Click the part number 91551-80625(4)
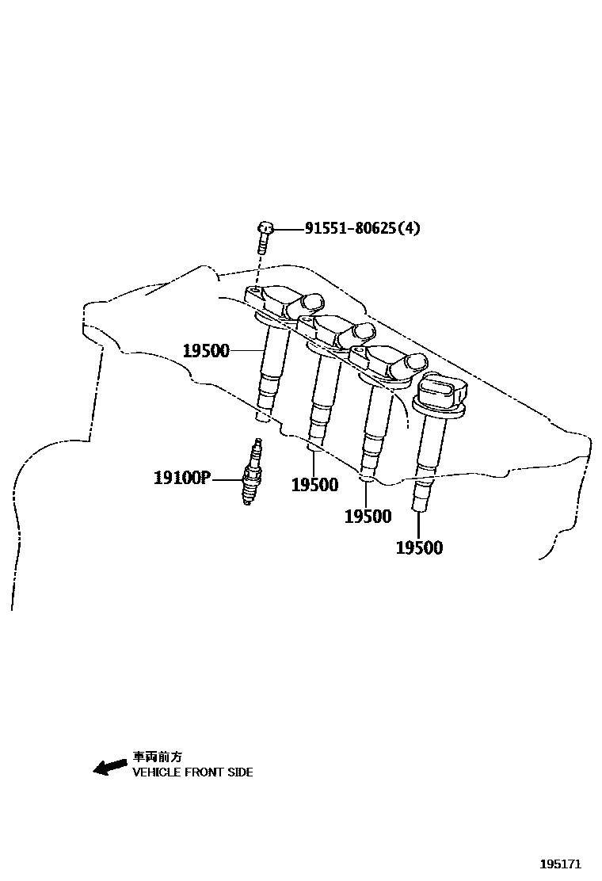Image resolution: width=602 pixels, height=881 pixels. click(x=363, y=229)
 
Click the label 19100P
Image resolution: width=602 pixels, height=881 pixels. click(x=181, y=478)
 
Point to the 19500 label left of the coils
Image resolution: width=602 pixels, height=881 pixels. click(x=205, y=350)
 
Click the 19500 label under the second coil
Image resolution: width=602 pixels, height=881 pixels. click(x=314, y=485)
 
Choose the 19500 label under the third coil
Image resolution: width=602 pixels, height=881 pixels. click(x=368, y=517)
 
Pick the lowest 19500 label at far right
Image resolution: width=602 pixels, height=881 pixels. click(x=419, y=547)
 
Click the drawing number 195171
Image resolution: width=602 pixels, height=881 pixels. click(x=561, y=863)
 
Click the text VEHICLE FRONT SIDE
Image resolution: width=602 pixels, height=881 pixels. click(x=192, y=772)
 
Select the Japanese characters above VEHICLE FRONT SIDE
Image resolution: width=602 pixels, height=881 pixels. click(x=157, y=757)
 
